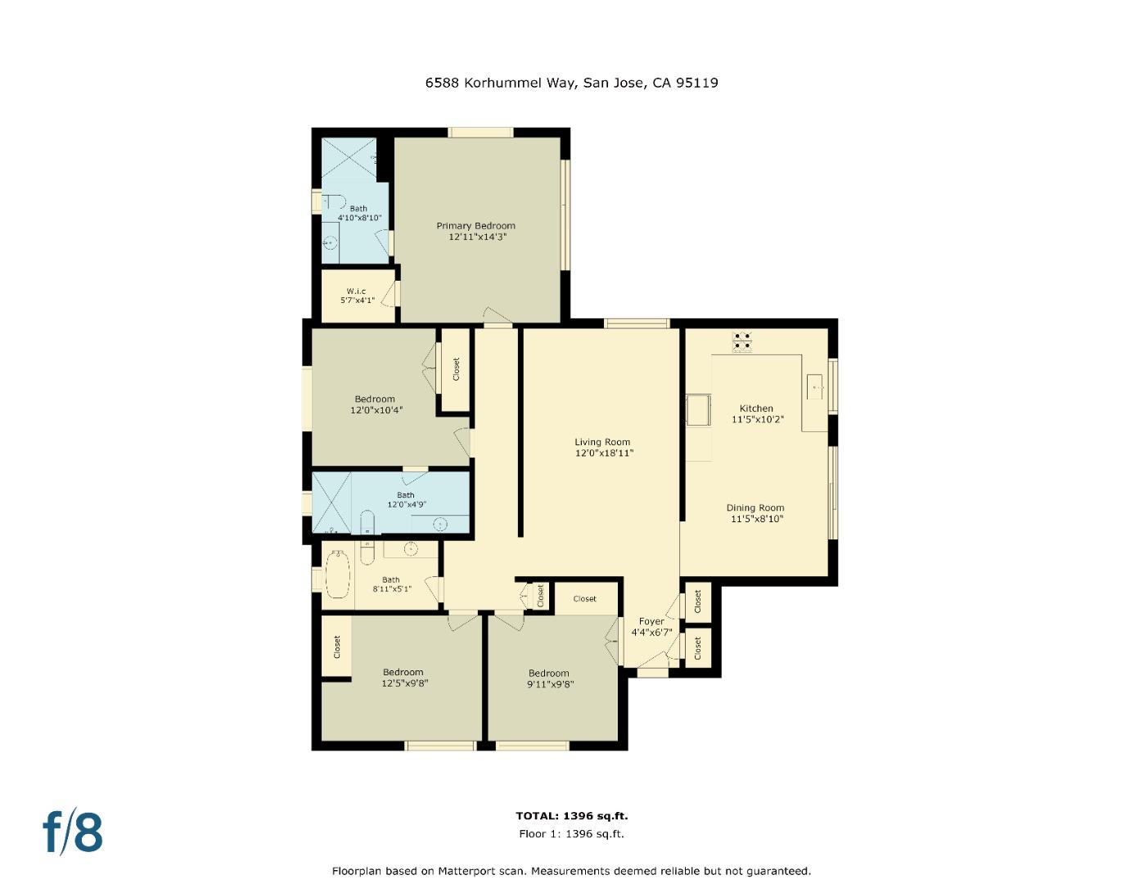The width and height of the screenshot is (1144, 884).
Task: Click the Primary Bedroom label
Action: tap(475, 226)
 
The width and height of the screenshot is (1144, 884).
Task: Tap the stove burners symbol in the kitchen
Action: tap(742, 341)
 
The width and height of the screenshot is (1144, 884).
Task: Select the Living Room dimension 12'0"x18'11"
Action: tap(604, 453)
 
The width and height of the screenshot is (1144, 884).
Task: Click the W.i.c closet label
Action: tap(356, 291)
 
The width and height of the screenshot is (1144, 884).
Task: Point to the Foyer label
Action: tap(651, 621)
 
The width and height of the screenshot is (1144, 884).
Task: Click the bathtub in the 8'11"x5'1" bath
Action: tap(338, 575)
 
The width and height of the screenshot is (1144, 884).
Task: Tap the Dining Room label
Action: tap(755, 507)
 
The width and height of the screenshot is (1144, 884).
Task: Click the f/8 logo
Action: tap(73, 832)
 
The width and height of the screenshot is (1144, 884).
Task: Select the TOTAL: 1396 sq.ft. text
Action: tap(571, 815)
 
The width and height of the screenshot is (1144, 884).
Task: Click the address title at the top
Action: tap(571, 83)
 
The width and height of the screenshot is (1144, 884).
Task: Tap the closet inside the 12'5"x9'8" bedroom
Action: tap(336, 647)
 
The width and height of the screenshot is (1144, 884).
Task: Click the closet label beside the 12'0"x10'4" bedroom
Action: tap(456, 369)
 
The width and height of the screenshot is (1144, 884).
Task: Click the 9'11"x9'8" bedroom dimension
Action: tap(548, 684)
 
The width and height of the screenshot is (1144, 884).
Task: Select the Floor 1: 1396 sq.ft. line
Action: tap(571, 834)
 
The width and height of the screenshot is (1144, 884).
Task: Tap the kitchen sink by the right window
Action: tap(815, 385)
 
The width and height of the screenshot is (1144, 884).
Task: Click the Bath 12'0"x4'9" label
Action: tap(406, 499)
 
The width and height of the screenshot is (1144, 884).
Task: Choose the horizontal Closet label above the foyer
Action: tap(584, 598)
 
